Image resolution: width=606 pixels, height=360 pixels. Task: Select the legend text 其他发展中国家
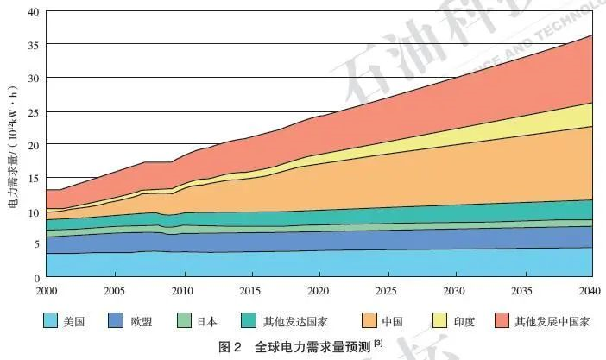[552, 322]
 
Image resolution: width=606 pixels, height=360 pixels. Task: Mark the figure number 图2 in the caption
[230, 347]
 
